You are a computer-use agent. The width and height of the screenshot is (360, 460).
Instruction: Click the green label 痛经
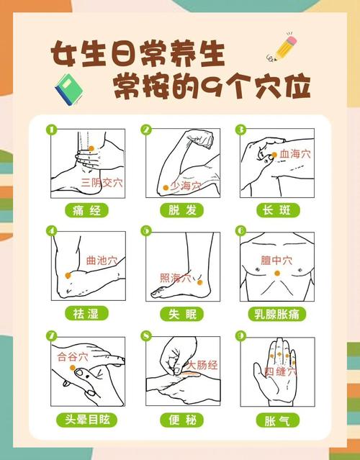[87, 211]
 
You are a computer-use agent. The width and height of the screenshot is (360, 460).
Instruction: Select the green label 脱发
[181, 210]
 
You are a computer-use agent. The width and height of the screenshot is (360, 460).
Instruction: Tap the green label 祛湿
[87, 314]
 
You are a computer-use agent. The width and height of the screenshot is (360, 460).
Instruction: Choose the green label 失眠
[181, 314]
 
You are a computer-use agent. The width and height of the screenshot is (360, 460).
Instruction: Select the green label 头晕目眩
[87, 419]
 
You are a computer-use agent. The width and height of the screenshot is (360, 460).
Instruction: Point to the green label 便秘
[181, 419]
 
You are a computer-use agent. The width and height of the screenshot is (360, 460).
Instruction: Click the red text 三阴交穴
[102, 183]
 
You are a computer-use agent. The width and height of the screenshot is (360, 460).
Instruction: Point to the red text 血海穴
[295, 154]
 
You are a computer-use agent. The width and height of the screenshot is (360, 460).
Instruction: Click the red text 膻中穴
[276, 261]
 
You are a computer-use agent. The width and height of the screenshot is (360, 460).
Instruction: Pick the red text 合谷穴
[73, 356]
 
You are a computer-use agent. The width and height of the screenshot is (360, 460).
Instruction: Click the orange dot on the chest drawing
[277, 274]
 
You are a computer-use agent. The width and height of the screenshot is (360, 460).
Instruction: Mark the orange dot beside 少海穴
[166, 186]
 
